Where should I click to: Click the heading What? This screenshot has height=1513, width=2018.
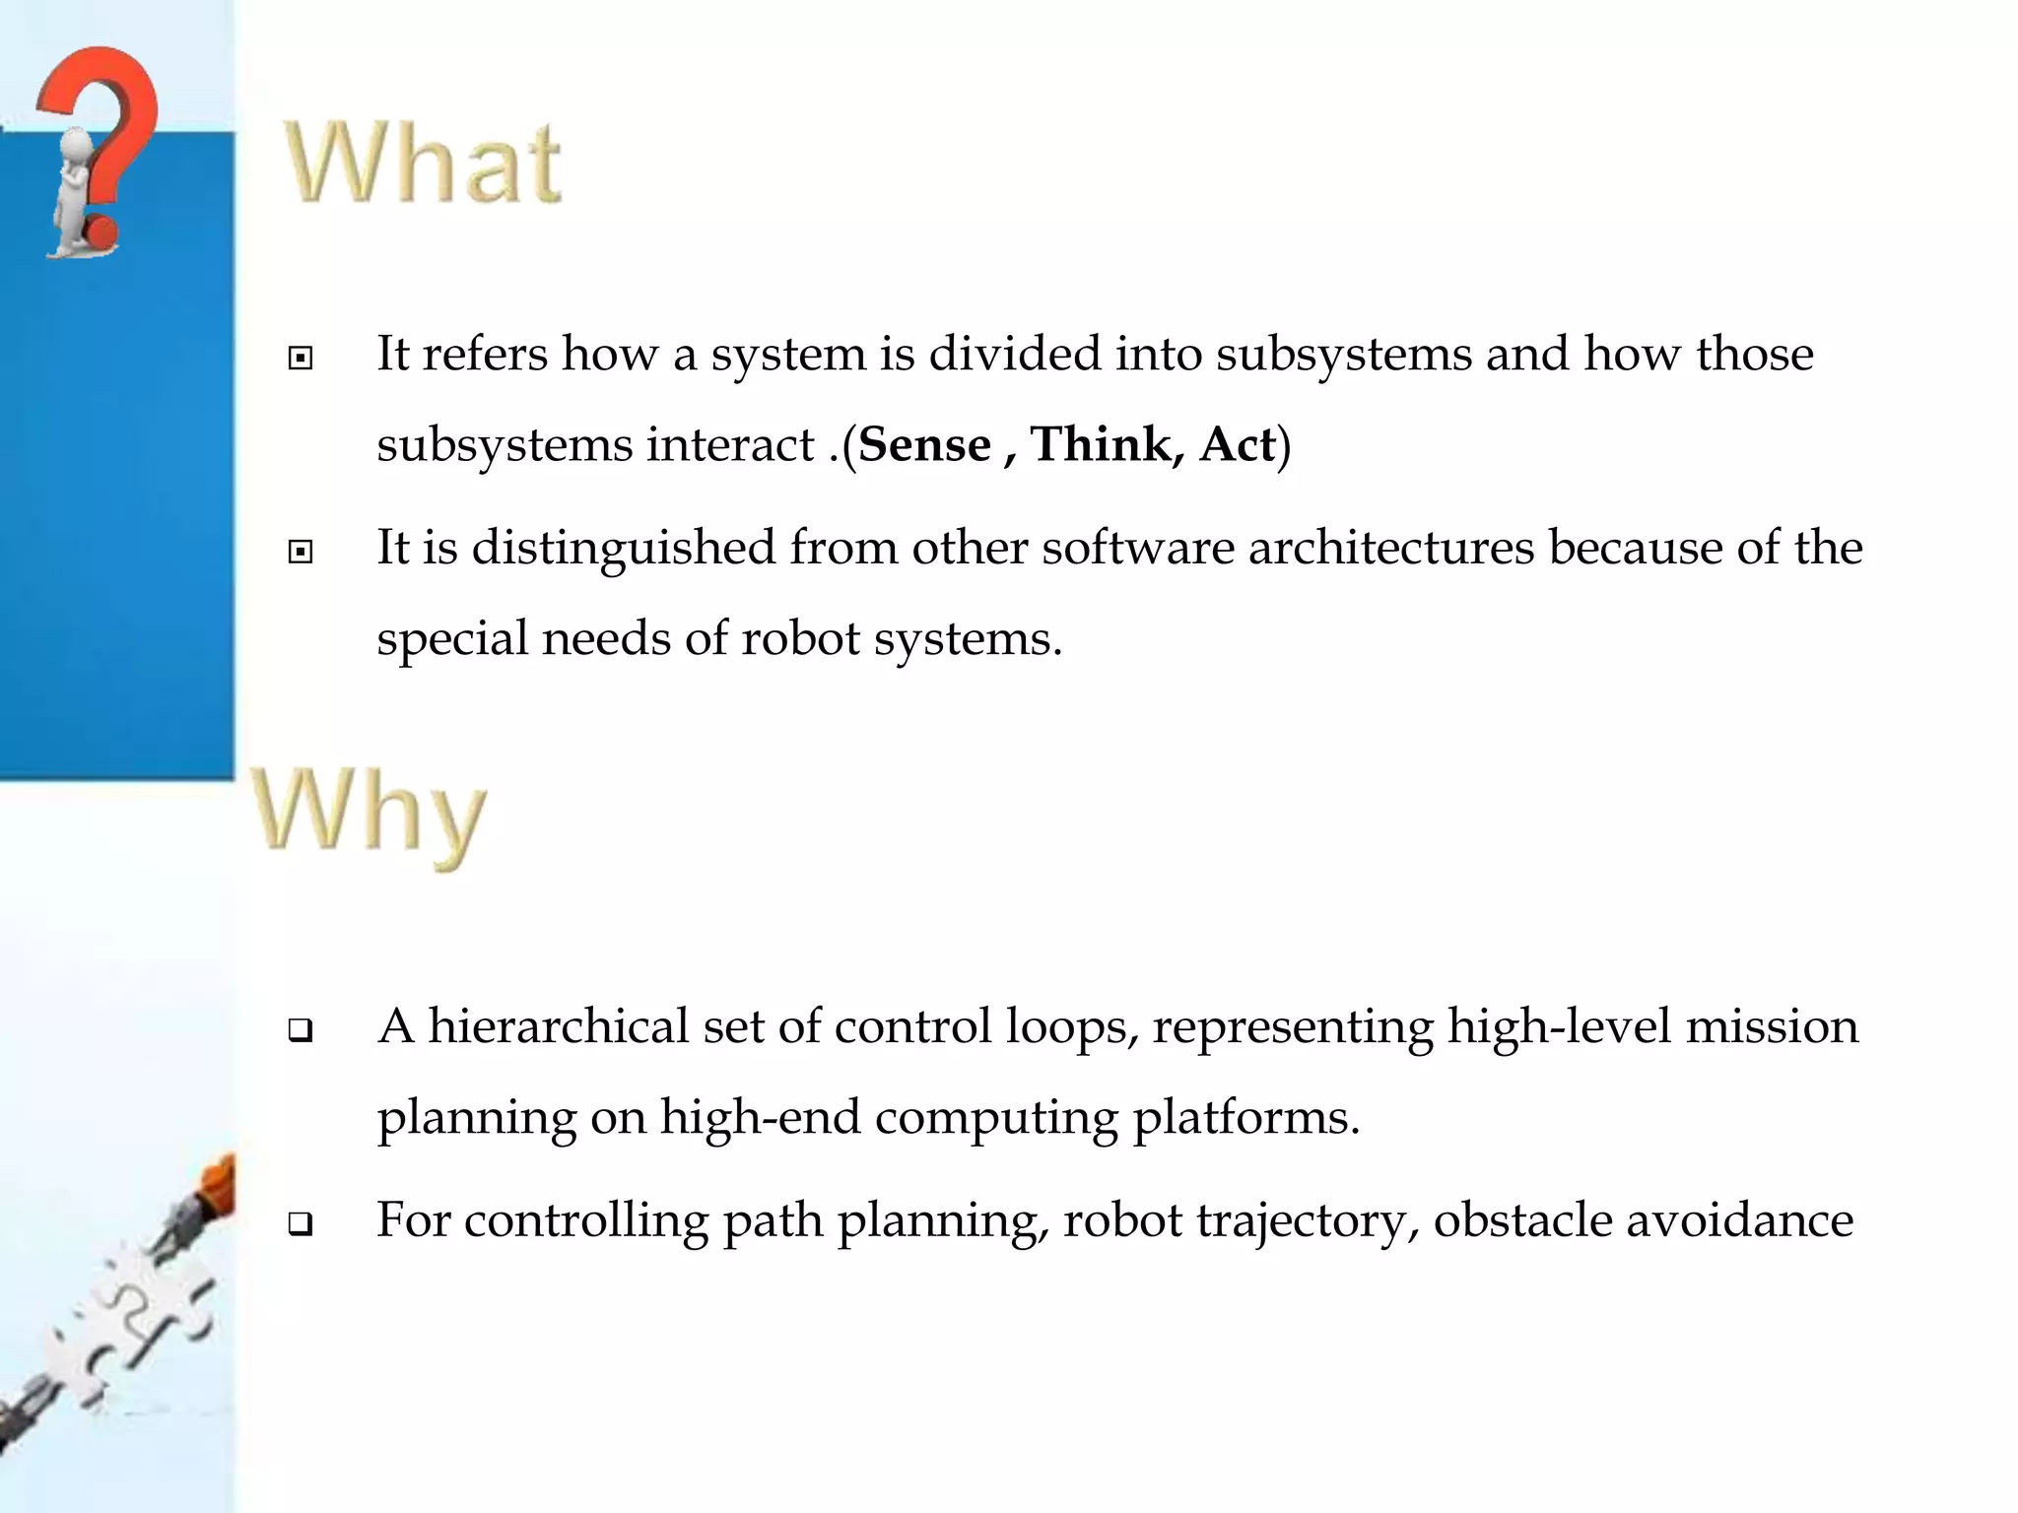[424, 164]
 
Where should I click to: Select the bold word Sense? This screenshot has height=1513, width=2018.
[924, 445]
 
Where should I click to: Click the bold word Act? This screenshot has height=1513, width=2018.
[1237, 445]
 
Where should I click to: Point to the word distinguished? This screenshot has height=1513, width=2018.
[624, 549]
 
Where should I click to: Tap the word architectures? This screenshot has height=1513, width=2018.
[1390, 548]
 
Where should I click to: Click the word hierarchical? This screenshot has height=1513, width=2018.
[558, 1026]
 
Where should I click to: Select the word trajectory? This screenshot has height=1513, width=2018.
[1308, 1221]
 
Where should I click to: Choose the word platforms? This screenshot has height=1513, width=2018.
[1245, 1118]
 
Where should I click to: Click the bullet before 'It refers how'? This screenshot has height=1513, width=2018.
[301, 358]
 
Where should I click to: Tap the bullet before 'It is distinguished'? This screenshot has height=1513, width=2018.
[301, 552]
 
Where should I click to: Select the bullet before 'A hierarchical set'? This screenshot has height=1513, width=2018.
[301, 1031]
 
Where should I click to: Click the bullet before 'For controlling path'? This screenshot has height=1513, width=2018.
[301, 1225]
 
